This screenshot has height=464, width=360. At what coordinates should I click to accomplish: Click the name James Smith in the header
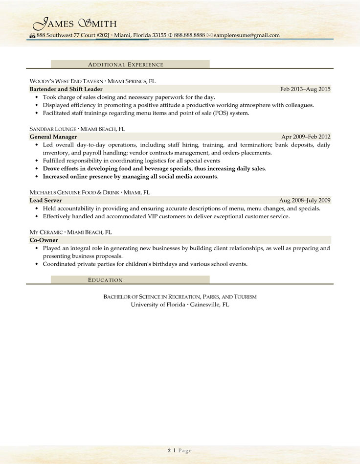click(x=74, y=23)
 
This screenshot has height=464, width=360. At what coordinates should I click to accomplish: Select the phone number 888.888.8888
click(x=189, y=35)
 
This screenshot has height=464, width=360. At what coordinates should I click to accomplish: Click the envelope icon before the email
click(x=209, y=35)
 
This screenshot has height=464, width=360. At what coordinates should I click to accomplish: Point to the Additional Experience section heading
click(x=125, y=64)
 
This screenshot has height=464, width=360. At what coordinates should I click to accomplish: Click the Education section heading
click(x=105, y=279)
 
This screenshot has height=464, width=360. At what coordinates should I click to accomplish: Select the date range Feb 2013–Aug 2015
click(x=305, y=89)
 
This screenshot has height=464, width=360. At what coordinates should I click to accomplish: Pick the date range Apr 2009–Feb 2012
click(x=306, y=137)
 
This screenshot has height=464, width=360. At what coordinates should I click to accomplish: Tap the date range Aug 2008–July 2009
click(x=305, y=200)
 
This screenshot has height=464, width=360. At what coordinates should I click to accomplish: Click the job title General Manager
click(x=53, y=137)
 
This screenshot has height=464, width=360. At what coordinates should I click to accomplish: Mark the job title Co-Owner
click(x=44, y=240)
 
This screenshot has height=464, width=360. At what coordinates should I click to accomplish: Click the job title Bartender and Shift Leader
click(x=66, y=89)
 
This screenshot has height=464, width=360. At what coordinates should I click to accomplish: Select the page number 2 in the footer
click(x=169, y=450)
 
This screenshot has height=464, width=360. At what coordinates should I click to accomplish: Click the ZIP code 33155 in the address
click(x=158, y=35)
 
